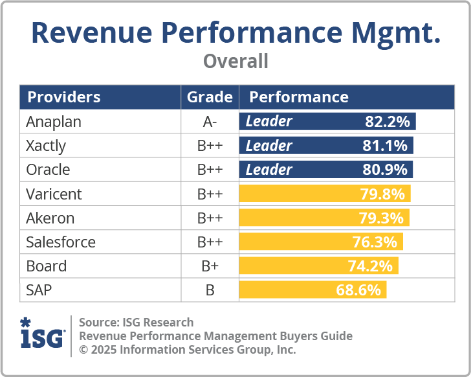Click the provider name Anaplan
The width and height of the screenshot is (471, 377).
54,122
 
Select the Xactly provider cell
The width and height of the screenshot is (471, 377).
46,146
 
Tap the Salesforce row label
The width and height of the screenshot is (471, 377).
61,242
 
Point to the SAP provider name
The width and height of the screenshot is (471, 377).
39,290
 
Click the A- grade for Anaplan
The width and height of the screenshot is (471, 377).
210,122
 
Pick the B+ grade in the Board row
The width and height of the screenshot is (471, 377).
210,266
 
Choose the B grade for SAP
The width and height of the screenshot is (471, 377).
210,290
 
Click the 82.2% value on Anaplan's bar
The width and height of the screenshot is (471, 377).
387,122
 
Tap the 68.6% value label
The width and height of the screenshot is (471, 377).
358,290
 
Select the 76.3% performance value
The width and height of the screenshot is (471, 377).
375,242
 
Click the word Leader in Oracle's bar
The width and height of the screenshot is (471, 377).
268,170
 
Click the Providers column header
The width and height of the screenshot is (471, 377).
64,97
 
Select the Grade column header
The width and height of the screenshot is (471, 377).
210,97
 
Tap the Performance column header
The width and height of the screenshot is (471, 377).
299,97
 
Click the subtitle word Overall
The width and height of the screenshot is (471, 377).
235,62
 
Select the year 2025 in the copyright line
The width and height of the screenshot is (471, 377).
105,349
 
